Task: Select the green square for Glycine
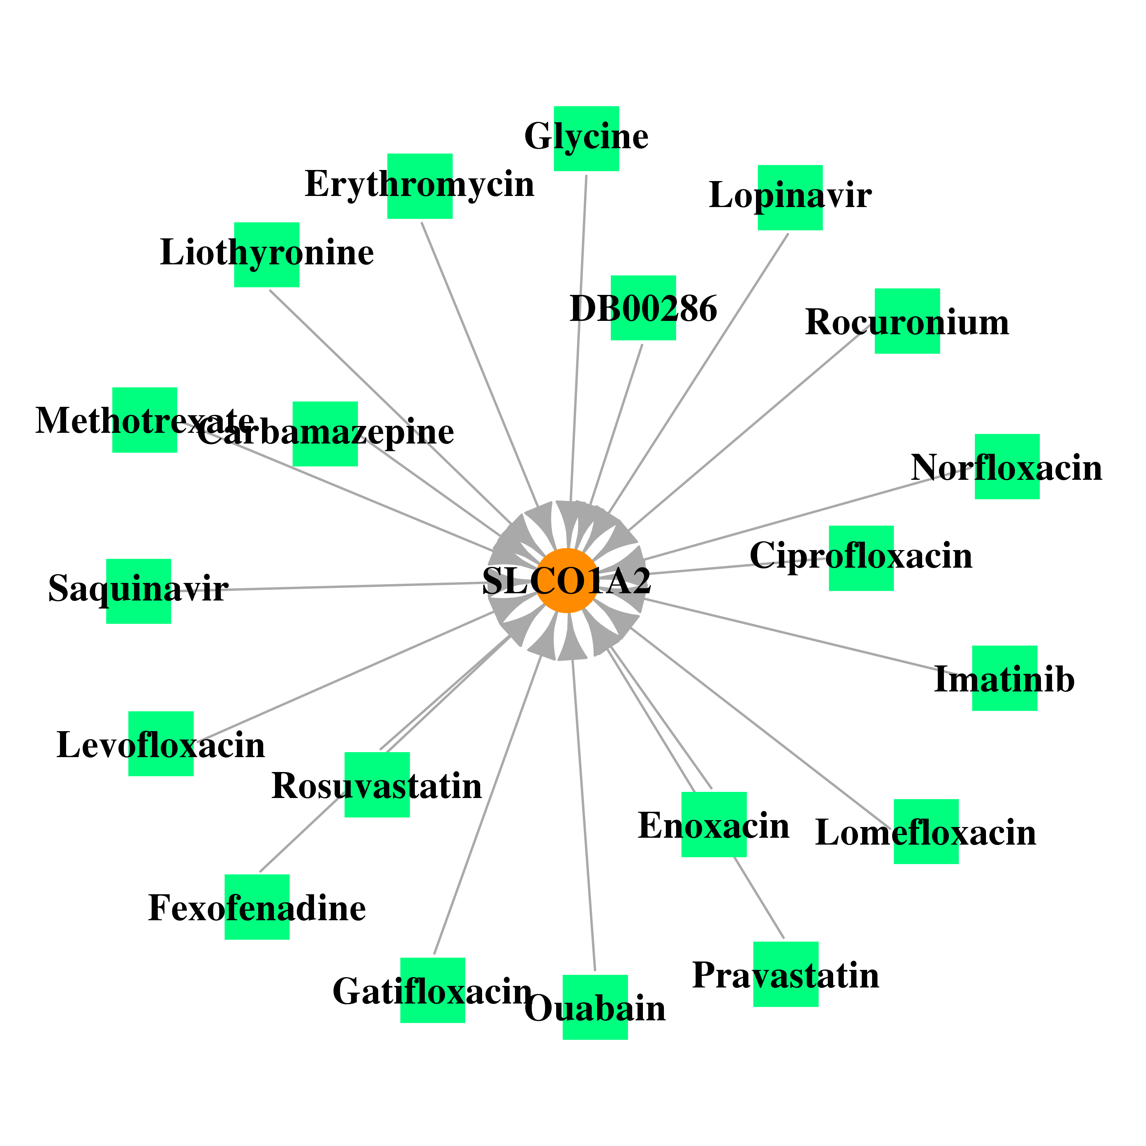pyautogui.click(x=586, y=139)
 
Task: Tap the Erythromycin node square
pyautogui.click(x=420, y=186)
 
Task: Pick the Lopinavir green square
pyautogui.click(x=790, y=197)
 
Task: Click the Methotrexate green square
pyautogui.click(x=145, y=420)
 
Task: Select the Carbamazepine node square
pyautogui.click(x=325, y=434)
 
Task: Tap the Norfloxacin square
pyautogui.click(x=1007, y=466)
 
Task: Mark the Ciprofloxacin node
pyautogui.click(x=861, y=558)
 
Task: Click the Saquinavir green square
pyautogui.click(x=139, y=591)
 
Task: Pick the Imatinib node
pyautogui.click(x=1005, y=678)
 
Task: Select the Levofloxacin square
pyautogui.click(x=161, y=744)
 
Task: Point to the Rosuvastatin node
pyautogui.click(x=377, y=785)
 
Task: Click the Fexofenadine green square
pyautogui.click(x=257, y=907)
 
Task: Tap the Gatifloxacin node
pyautogui.click(x=432, y=991)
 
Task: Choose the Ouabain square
pyautogui.click(x=595, y=1007)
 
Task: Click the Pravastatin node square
pyautogui.click(x=786, y=974)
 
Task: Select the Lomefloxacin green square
pyautogui.click(x=926, y=832)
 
